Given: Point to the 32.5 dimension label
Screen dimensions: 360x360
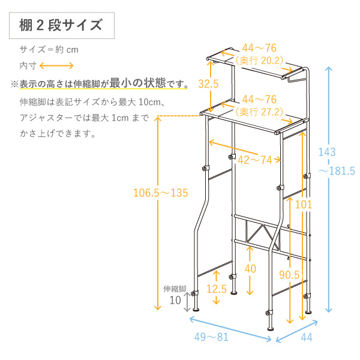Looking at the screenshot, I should pyautogui.click(x=208, y=84).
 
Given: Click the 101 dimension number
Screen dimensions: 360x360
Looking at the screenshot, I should pyautogui.click(x=304, y=205).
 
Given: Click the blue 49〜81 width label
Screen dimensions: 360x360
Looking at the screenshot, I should pyautogui.click(x=211, y=337).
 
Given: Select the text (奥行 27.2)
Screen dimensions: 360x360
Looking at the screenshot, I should pyautogui.click(x=260, y=110).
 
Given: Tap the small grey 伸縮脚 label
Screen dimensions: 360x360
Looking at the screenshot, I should pyautogui.click(x=175, y=289).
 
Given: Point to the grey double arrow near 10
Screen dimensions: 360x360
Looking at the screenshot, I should pyautogui.click(x=188, y=302).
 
